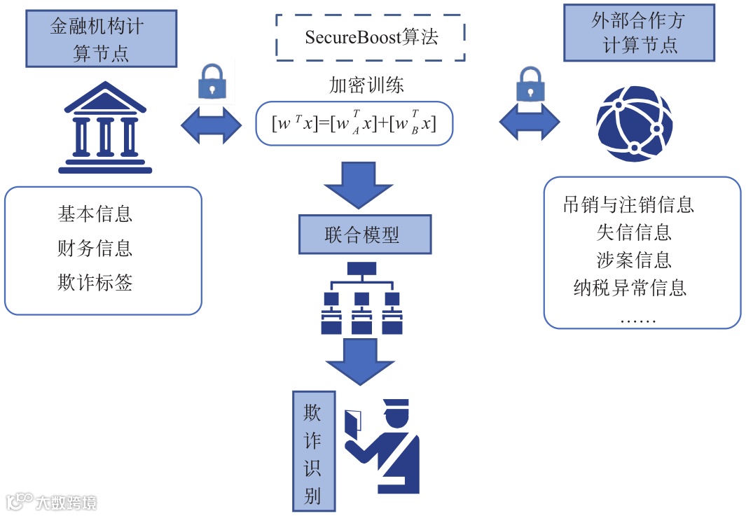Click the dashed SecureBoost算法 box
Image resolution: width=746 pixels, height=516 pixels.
(371, 38)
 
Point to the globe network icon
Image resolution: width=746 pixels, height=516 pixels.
(635, 123)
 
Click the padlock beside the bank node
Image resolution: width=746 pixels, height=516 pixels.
(212, 82)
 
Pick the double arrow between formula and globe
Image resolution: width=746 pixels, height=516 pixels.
(530, 123)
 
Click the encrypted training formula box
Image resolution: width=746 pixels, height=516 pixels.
(354, 123)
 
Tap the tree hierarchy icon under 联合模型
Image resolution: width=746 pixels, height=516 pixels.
(361, 298)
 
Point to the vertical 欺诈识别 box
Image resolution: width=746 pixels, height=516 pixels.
(314, 451)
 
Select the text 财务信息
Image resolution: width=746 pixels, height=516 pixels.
(95, 248)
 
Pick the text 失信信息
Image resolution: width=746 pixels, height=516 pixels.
(634, 232)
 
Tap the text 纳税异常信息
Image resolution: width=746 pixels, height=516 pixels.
(630, 288)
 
